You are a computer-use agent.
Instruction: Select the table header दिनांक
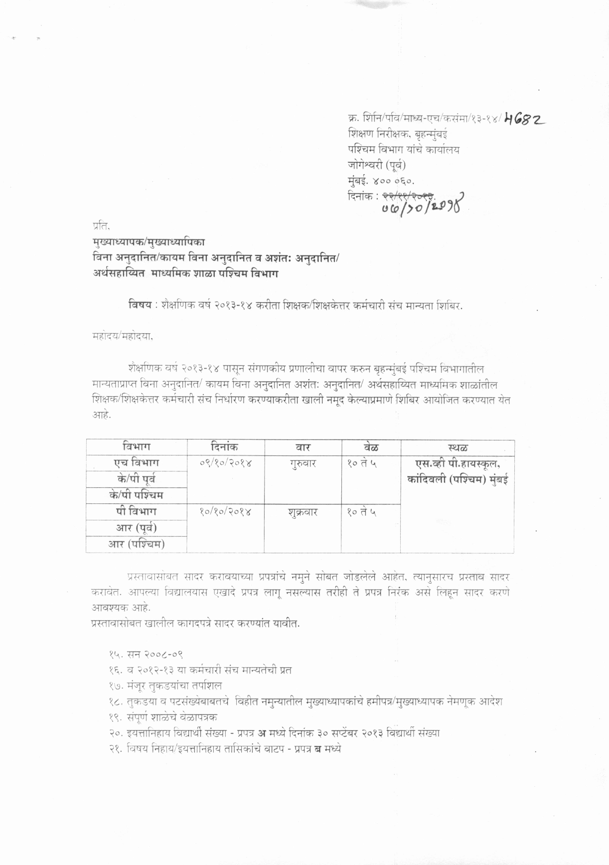[x=224, y=446]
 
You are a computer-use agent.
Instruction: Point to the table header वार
[x=303, y=447]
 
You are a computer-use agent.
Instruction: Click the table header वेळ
[x=371, y=447]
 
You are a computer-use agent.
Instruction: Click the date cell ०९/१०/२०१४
[x=225, y=463]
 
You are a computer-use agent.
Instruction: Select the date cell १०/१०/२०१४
[x=225, y=512]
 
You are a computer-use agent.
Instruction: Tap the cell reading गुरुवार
[x=303, y=463]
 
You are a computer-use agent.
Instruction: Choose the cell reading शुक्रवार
[x=303, y=512]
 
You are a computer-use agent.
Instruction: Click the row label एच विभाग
[x=136, y=463]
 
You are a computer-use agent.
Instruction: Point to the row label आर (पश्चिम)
[x=136, y=544]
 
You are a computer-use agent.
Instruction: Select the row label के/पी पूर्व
[x=136, y=479]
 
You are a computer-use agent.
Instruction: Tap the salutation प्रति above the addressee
[x=100, y=227]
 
